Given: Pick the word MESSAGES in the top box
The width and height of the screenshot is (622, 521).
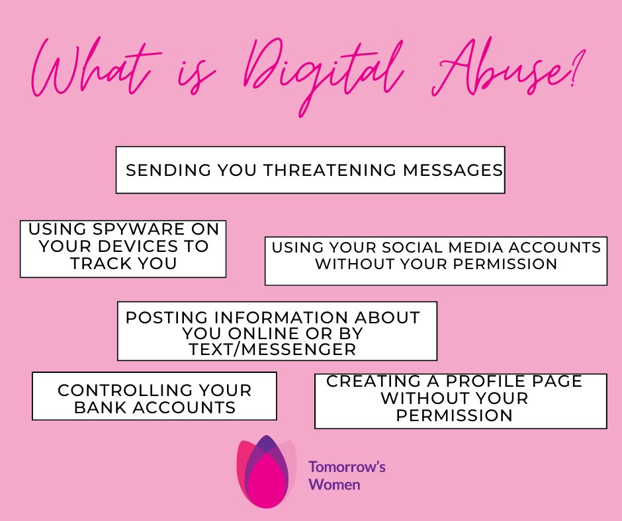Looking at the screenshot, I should (x=453, y=170).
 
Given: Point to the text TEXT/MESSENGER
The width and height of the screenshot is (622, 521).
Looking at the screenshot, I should (x=273, y=349).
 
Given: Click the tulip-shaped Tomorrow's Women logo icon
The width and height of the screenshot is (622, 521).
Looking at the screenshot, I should (x=266, y=471).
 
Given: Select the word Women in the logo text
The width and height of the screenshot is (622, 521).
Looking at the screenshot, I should (x=335, y=485).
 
